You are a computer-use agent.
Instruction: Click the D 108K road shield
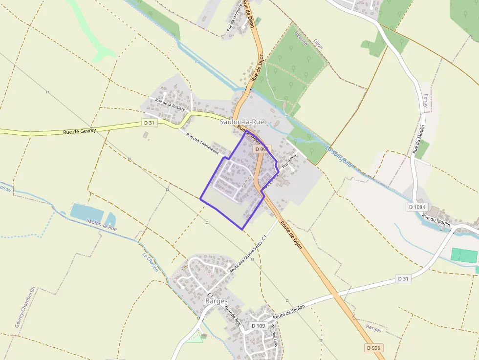[x=417, y=207]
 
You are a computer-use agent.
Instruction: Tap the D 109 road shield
[x=258, y=326]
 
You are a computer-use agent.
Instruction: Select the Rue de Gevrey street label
[x=79, y=131]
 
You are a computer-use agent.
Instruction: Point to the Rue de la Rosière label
[x=170, y=105]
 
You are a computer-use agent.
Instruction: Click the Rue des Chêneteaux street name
[x=201, y=145]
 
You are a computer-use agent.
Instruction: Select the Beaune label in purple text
[x=302, y=39]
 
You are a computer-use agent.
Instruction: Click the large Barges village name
[x=217, y=301]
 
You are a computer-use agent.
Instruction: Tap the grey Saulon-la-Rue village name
[x=242, y=122]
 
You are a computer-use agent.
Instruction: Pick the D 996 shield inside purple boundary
[x=261, y=149]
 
